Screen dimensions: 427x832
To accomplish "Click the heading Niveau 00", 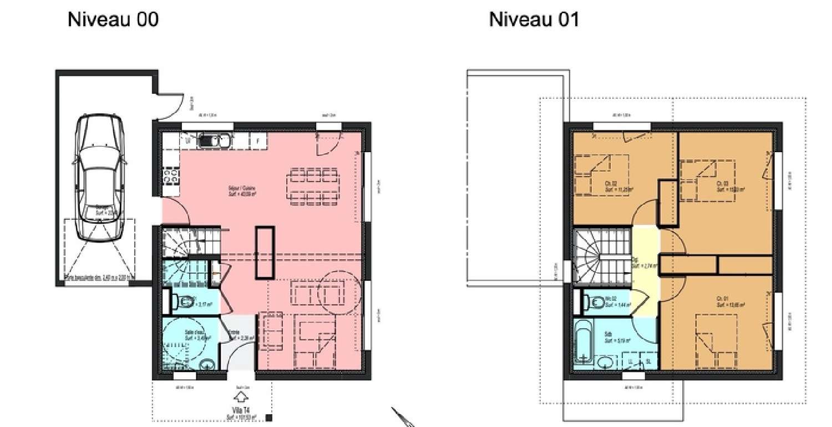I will pyautogui.click(x=113, y=19).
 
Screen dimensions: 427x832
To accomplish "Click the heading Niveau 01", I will pyautogui.click(x=534, y=19).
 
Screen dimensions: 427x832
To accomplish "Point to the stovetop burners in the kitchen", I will pyautogui.click(x=171, y=177).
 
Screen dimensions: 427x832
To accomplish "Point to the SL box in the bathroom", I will pyautogui.click(x=648, y=361).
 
